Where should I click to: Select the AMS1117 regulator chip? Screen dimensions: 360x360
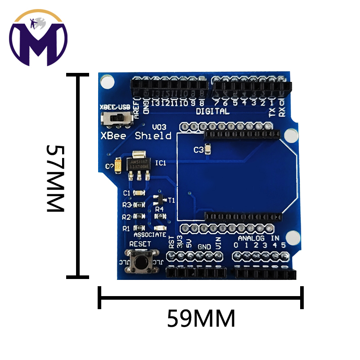pyautogui.click(x=137, y=163)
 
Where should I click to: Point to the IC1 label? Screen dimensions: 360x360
pyautogui.click(x=160, y=163)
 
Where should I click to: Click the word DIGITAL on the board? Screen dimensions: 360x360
pyautogui.click(x=212, y=111)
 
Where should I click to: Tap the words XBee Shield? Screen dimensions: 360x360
pyautogui.click(x=135, y=135)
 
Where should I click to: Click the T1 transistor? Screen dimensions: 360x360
pyautogui.click(x=158, y=199)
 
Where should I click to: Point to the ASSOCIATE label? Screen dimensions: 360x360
pyautogui.click(x=150, y=235)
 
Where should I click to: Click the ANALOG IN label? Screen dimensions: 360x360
pyautogui.click(x=258, y=238)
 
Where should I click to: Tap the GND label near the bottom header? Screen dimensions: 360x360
pyautogui.click(x=204, y=247)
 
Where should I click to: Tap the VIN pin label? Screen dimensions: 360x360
pyautogui.click(x=218, y=244)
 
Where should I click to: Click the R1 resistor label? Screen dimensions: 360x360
pyautogui.click(x=126, y=229)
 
